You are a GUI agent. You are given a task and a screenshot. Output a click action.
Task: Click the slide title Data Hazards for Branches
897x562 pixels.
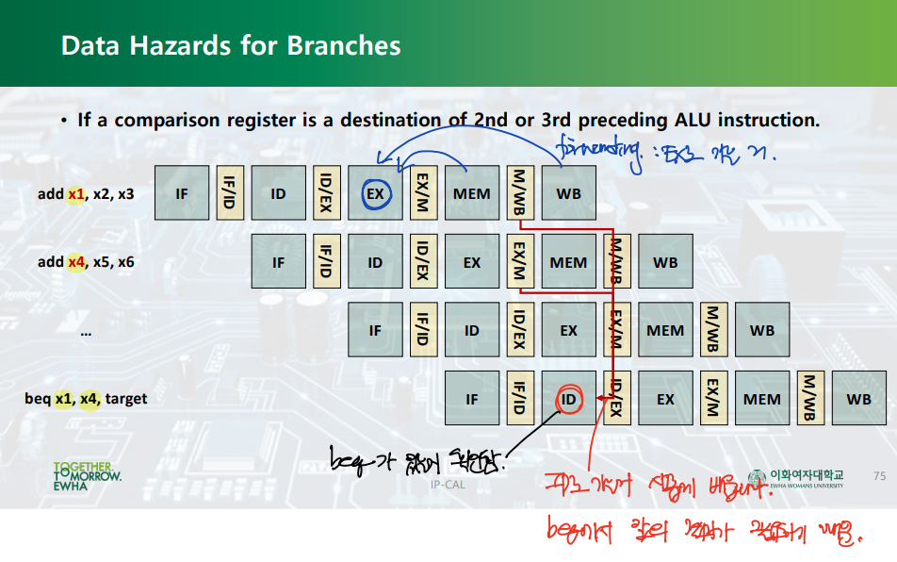tap(231, 45)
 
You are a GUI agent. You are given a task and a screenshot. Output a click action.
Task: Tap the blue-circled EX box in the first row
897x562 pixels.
tap(375, 193)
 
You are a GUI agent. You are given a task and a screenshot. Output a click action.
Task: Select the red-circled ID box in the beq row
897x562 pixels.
tap(568, 399)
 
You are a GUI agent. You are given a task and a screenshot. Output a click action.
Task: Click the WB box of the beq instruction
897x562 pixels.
tap(858, 399)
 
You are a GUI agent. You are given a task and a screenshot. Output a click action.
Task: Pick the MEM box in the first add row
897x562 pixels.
tap(472, 193)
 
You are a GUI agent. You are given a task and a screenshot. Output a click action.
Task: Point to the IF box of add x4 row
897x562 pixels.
tap(278, 262)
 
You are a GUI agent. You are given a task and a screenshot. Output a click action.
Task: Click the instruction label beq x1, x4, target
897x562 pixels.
tap(86, 399)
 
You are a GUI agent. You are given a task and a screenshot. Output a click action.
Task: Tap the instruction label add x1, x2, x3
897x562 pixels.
tap(86, 194)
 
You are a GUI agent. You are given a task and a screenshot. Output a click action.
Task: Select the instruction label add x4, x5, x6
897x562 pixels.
tap(86, 262)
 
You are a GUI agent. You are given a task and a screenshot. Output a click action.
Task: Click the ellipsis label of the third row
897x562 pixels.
tap(86, 332)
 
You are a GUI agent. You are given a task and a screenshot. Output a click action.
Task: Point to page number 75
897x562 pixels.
tap(880, 476)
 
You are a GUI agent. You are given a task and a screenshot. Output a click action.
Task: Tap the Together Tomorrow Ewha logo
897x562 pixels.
tap(87, 477)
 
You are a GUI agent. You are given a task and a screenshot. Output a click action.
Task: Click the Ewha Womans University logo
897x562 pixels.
tap(796, 478)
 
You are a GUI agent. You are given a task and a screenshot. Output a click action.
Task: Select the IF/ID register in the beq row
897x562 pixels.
tap(517, 399)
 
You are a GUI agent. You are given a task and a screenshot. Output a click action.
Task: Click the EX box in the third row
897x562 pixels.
tap(568, 331)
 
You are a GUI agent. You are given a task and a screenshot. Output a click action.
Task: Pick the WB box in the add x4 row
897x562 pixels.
tap(665, 262)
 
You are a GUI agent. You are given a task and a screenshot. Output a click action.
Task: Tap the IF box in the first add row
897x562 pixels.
tap(182, 193)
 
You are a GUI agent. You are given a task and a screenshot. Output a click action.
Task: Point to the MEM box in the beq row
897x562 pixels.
tap(761, 399)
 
